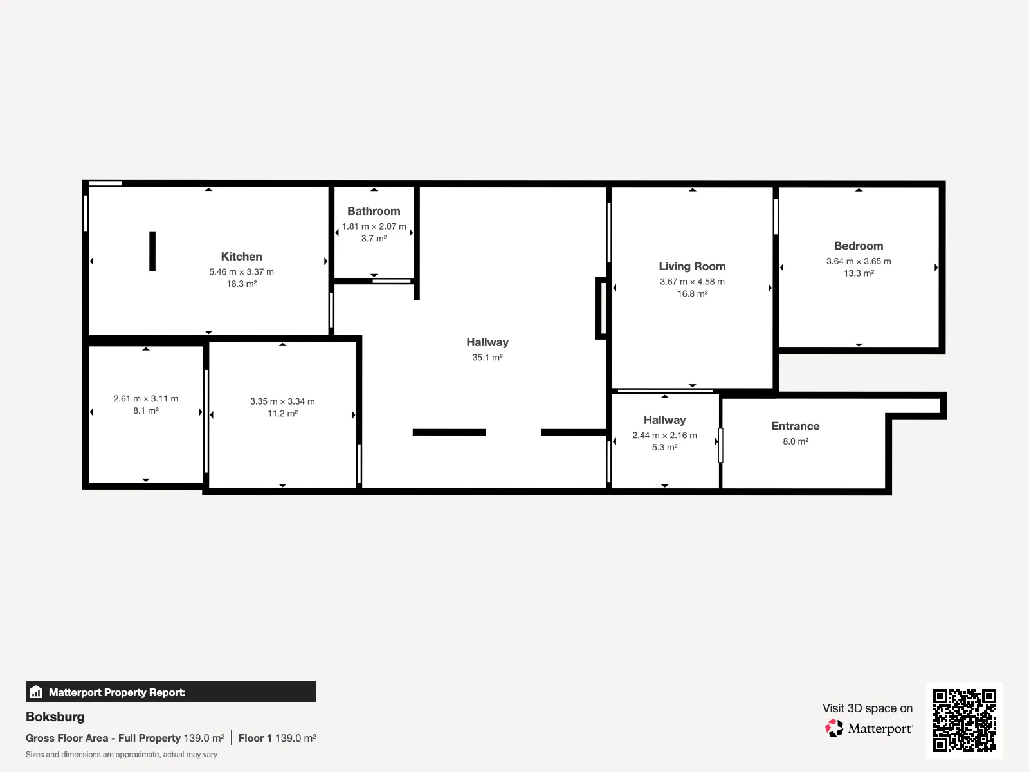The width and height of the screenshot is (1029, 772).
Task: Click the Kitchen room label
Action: coord(241,257)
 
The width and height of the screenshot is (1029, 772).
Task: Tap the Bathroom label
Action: coord(374,211)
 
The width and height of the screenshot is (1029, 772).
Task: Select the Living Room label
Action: coord(692,266)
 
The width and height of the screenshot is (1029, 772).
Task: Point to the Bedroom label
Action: coord(859,246)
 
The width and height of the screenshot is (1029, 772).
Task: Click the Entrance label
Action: coord(796,426)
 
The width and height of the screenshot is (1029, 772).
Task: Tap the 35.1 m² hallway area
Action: coord(487,357)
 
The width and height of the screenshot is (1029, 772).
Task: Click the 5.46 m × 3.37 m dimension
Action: coord(241,272)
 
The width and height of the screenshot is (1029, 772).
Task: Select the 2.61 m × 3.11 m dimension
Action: coord(146,398)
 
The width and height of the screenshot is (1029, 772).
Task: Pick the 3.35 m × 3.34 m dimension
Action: coord(282,401)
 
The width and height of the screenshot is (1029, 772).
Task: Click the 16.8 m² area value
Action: coord(693,293)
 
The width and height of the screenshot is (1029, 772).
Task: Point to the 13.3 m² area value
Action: coord(859,273)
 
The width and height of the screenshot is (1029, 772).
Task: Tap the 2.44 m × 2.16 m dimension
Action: coord(664,435)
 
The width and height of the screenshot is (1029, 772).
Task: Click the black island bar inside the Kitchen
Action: coord(152,251)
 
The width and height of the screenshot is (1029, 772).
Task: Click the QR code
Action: coord(964,721)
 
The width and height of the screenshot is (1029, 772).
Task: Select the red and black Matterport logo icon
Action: coord(834,728)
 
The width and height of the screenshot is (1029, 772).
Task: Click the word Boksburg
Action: coord(55,717)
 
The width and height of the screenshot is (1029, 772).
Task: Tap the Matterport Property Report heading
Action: coord(117,692)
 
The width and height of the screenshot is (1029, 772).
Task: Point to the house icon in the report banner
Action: coord(36,692)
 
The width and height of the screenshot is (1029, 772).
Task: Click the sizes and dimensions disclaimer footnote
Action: coord(122,755)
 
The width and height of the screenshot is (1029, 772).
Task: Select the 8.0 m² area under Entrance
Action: coord(796,441)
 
